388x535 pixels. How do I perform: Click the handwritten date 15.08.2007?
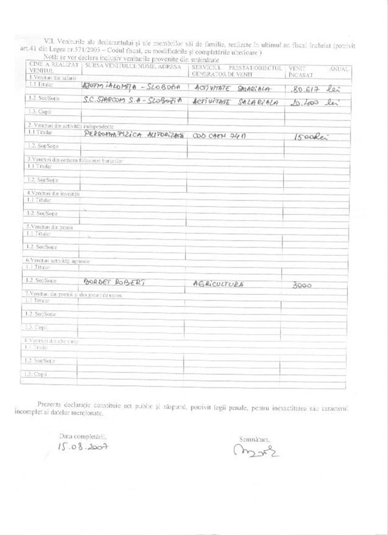click(x=82, y=446)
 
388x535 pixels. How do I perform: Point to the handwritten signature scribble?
click(x=255, y=448)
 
